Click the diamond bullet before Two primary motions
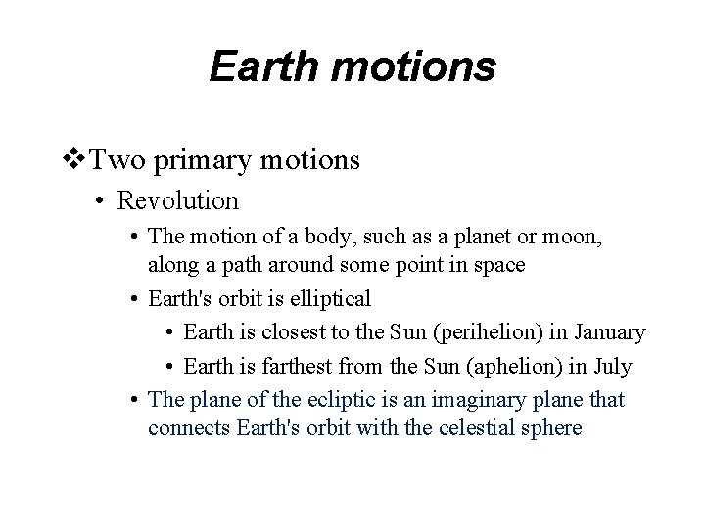coord(74,158)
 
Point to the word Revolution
coord(177,201)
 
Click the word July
coord(612,367)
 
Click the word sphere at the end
coord(552,427)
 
